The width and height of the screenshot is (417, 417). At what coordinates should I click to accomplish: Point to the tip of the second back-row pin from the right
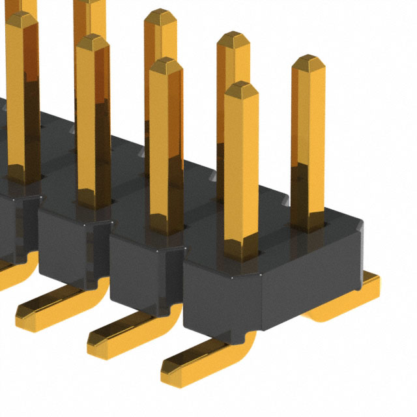[233, 39]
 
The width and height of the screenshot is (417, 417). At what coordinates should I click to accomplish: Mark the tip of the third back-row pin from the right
[160, 16]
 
